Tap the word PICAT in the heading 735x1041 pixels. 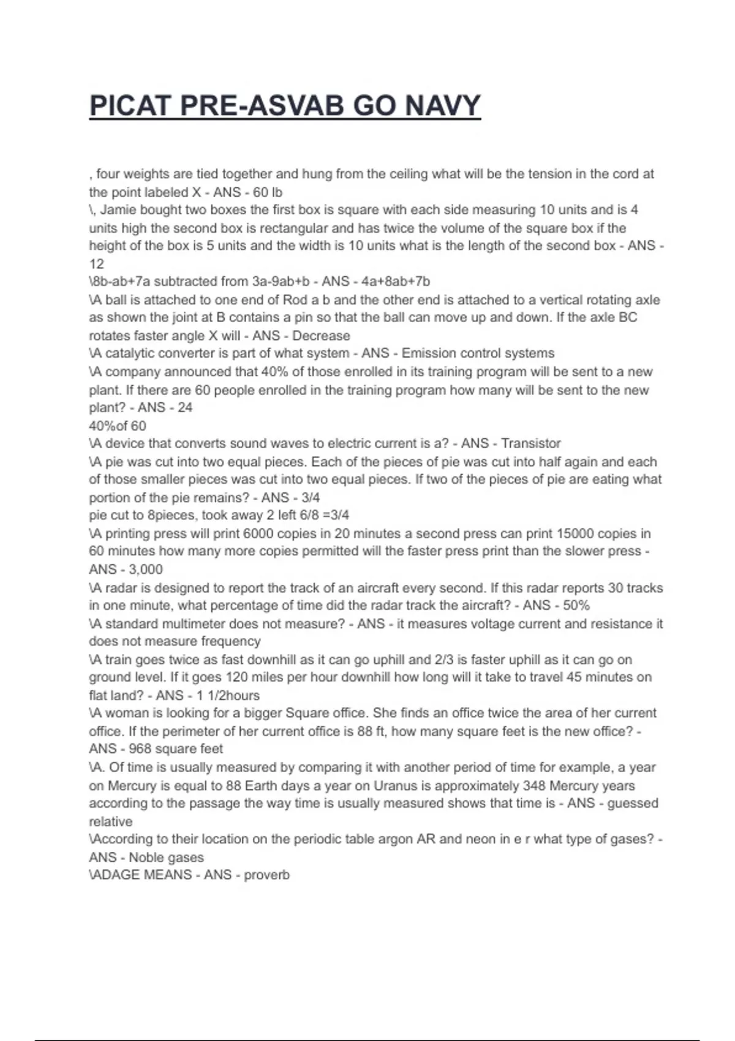point(130,105)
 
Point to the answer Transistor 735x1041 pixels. point(530,443)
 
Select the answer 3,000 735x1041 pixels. point(146,569)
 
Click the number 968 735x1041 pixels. point(141,749)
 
